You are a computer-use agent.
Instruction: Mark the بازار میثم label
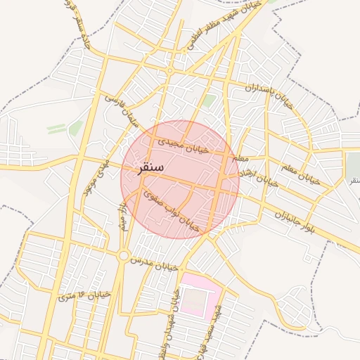point(123,214)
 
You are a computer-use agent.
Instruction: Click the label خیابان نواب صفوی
point(171,210)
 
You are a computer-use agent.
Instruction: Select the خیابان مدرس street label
point(151,263)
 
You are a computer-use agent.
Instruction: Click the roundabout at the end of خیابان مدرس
point(124,255)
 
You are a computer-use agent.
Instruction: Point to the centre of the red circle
point(180,179)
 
